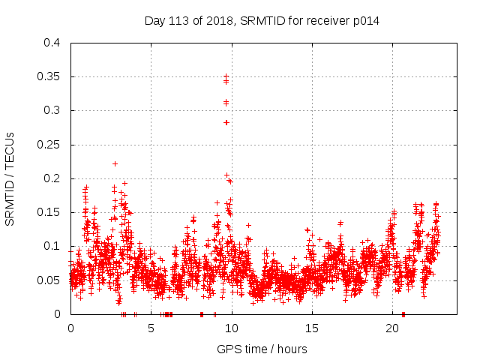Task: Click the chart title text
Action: click(262, 20)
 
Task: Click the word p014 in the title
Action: click(365, 20)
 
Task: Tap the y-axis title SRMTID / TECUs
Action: click(10, 178)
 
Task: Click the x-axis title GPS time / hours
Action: click(262, 349)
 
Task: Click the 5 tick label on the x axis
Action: click(151, 328)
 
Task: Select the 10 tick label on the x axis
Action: click(232, 328)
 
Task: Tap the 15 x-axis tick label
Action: click(312, 328)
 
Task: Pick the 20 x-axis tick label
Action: click(392, 328)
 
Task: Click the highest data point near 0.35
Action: click(226, 76)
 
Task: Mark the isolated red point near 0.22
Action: click(115, 163)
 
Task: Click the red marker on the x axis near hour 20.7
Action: click(403, 314)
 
